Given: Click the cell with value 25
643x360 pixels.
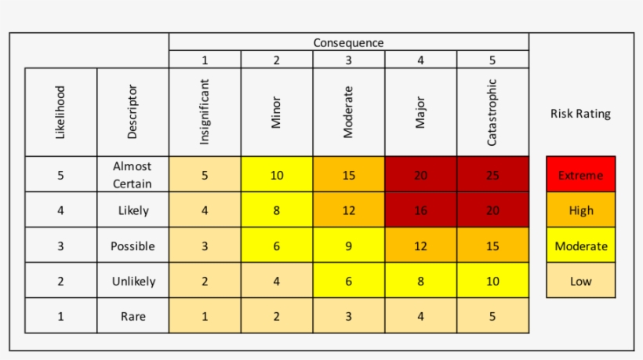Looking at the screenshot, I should point(492,175).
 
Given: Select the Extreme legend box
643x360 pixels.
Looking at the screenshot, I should point(581,175).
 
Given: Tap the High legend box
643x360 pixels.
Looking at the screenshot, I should point(581,210).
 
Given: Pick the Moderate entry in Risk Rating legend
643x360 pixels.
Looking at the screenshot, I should point(581,245).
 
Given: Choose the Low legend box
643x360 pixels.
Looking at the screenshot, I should point(581,281).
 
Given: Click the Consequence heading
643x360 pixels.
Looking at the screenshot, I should point(349,42).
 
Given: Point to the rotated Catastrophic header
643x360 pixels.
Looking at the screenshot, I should point(492,111).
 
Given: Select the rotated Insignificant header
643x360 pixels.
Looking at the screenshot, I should point(205,111).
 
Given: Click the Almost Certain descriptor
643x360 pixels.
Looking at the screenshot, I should point(133,175).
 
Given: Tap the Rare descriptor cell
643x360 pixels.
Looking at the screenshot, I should point(133,316).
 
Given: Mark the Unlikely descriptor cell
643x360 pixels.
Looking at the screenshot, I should point(133,281).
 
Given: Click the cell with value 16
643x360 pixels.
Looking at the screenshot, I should point(420,210).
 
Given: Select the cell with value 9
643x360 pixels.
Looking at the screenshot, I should point(349,245).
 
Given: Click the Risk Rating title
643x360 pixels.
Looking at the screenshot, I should point(580,114).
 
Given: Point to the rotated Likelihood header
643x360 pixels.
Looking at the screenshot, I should point(60,111).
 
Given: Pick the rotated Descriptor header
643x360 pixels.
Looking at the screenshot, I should point(133,111).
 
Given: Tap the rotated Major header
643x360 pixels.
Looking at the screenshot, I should point(420,111).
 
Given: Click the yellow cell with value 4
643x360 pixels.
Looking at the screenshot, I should point(277,281).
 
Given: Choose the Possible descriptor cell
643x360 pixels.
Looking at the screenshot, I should point(133,245).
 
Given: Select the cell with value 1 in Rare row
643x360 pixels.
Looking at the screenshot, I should point(205,316).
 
